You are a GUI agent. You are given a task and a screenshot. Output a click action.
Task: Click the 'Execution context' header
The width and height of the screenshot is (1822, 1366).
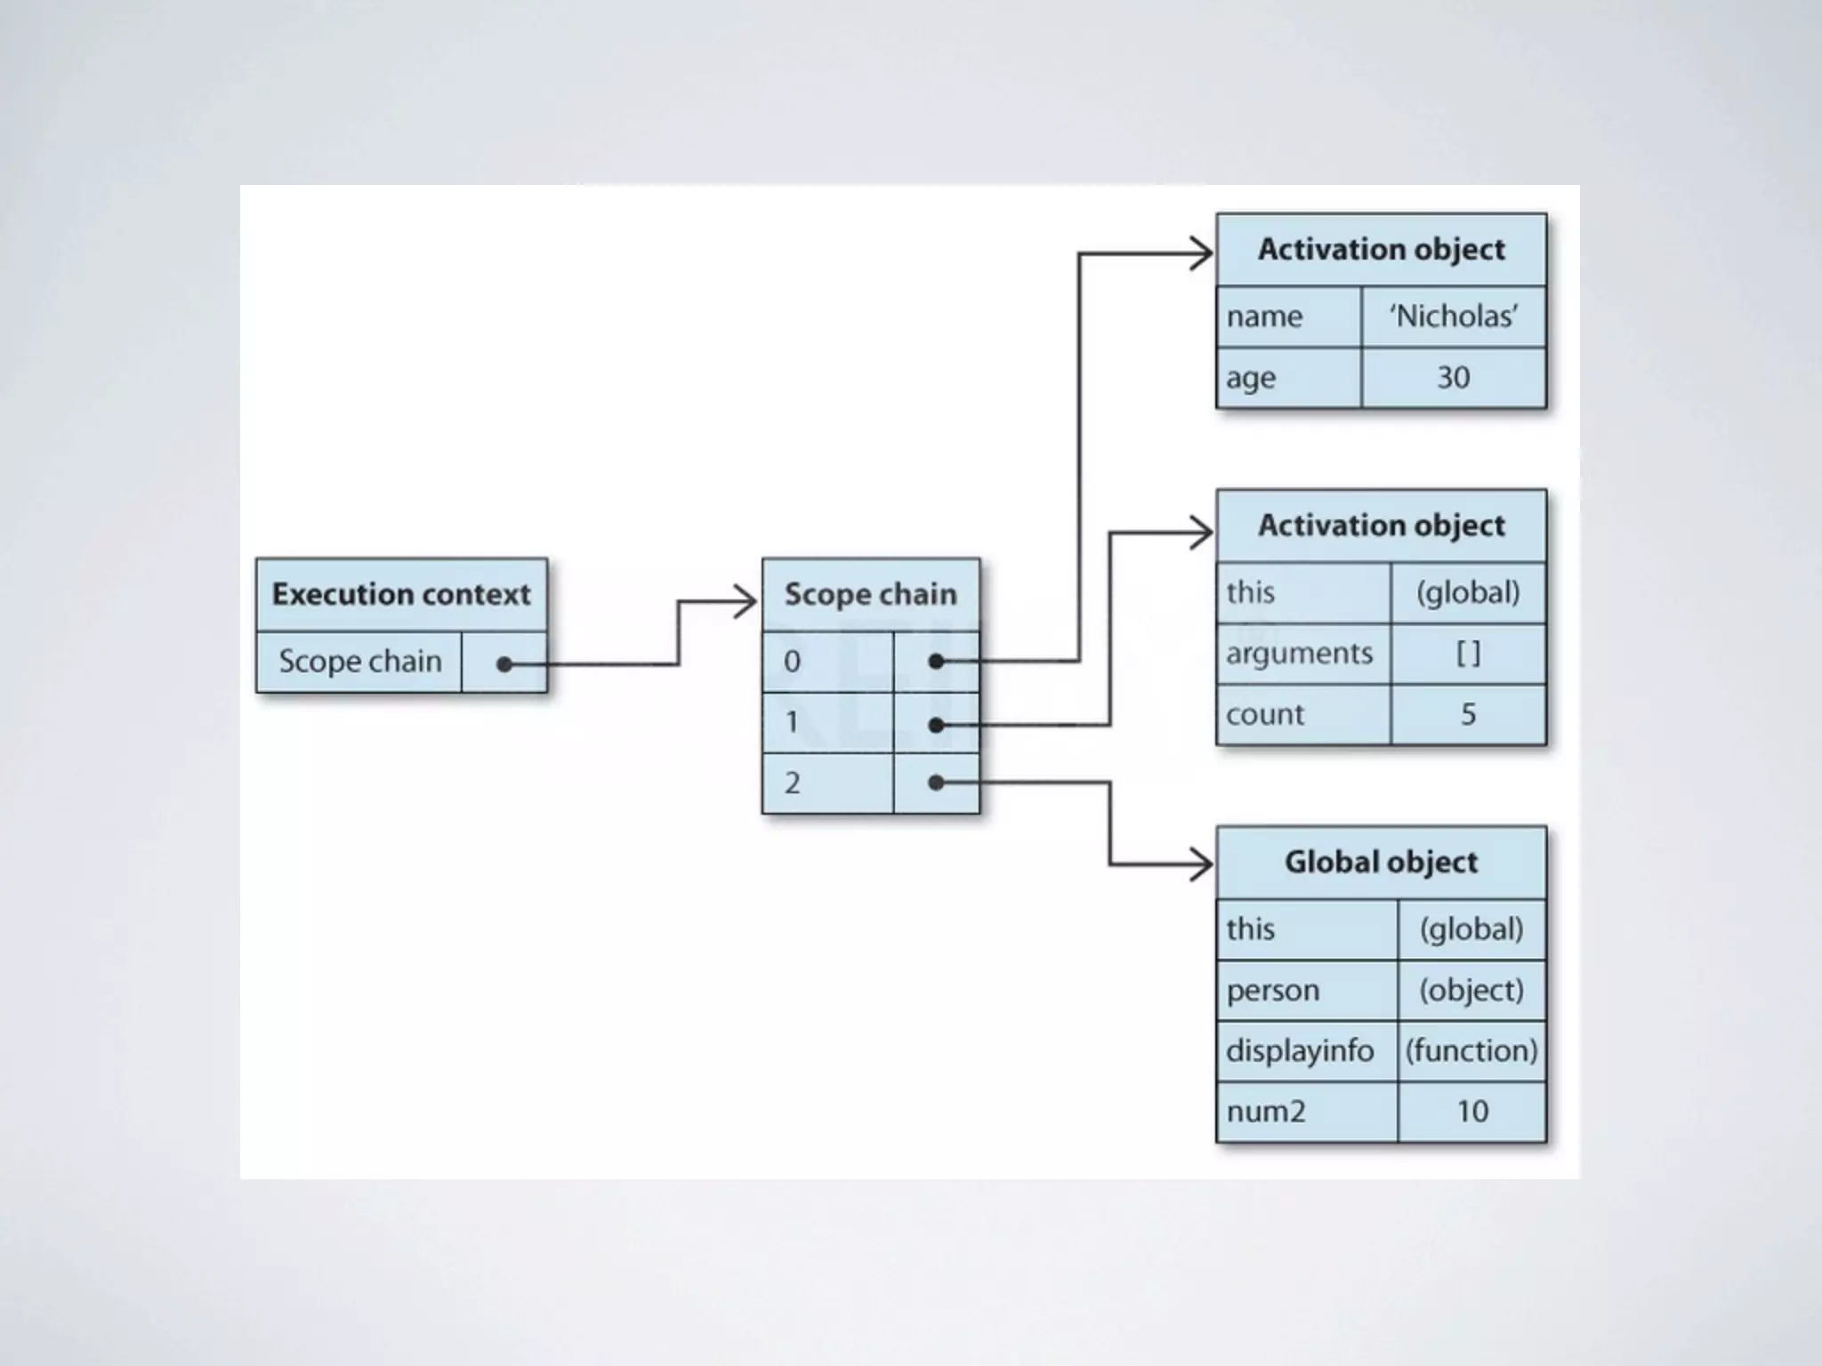pyautogui.click(x=401, y=594)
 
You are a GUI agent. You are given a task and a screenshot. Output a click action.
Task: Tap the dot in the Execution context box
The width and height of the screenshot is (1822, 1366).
pyautogui.click(x=504, y=663)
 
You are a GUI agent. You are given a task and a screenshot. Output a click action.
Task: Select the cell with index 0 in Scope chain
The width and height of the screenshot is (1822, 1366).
pyautogui.click(x=827, y=662)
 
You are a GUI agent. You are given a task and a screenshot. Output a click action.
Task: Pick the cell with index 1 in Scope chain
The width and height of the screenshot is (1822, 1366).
pyautogui.click(x=827, y=722)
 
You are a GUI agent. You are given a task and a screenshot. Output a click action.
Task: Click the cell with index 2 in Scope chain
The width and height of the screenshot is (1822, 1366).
pyautogui.click(x=827, y=783)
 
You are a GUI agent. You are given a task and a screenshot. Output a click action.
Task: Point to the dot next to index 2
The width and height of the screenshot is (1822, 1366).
pyautogui.click(x=936, y=783)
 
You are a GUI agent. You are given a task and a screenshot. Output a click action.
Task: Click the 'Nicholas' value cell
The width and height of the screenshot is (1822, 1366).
pyautogui.click(x=1454, y=317)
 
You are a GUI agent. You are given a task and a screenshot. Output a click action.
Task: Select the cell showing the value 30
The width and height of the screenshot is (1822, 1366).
pyautogui.click(x=1454, y=378)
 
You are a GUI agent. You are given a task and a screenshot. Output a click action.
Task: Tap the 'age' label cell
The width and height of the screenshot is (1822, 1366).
pyautogui.click(x=1288, y=378)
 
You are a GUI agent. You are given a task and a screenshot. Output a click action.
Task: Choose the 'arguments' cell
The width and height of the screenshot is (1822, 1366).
pyautogui.click(x=1302, y=654)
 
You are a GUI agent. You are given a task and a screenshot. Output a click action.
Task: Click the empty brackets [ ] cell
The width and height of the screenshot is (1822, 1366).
pyautogui.click(x=1468, y=654)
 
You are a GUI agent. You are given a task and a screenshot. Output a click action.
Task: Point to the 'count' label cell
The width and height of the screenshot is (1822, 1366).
pyautogui.click(x=1302, y=714)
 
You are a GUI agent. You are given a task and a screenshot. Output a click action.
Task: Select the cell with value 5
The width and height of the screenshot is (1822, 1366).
pyautogui.click(x=1468, y=714)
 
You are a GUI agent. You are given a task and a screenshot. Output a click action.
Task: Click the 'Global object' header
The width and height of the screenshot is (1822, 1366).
pyautogui.click(x=1381, y=862)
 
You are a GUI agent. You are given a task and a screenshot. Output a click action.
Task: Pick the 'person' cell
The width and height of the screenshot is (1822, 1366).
pyautogui.click(x=1306, y=990)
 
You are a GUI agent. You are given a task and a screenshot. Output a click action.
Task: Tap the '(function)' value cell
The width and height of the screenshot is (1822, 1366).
pyautogui.click(x=1471, y=1050)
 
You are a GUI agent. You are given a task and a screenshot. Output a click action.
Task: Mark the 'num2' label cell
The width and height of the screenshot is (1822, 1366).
pyautogui.click(x=1306, y=1112)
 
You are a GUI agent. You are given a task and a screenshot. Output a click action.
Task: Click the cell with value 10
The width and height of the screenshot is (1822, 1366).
pyautogui.click(x=1471, y=1112)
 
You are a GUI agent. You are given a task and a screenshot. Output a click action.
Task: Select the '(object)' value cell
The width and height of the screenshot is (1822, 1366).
pyautogui.click(x=1471, y=990)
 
